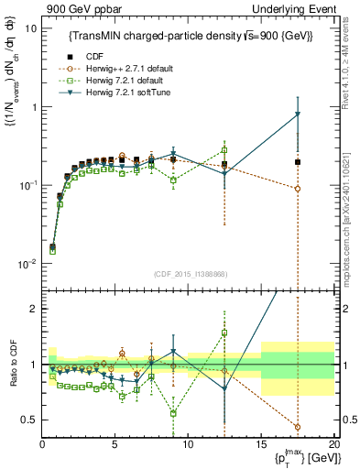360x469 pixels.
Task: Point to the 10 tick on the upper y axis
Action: [30, 28]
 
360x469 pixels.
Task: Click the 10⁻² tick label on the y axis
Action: [27, 264]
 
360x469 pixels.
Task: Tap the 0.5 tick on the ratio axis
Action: [28, 420]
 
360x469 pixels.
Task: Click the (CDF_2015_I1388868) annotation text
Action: [189, 275]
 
